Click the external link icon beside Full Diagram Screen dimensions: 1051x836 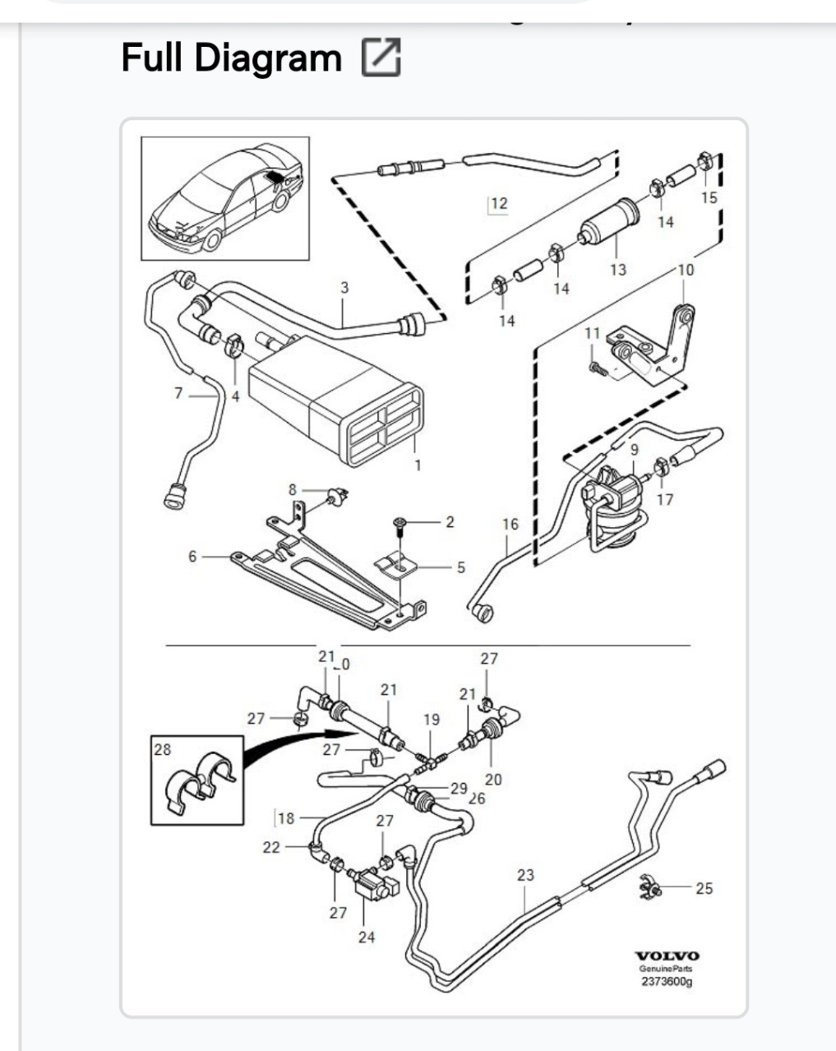[x=381, y=58]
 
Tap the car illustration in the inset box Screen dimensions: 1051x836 [x=226, y=198]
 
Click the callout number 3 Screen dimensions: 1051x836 [x=344, y=288]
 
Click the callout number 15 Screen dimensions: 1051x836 [x=709, y=197]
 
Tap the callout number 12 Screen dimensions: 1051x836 [x=499, y=203]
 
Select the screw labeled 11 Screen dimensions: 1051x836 [x=597, y=368]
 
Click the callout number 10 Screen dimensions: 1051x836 [x=686, y=270]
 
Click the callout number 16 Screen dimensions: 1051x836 [x=510, y=524]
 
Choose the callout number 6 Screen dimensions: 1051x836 [x=192, y=557]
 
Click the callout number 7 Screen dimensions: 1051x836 [x=178, y=393]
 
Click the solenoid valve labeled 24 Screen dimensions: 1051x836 [x=372, y=888]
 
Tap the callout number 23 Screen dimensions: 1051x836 [x=525, y=875]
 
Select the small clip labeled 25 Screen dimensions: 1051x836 [x=649, y=887]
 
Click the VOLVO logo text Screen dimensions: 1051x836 [x=667, y=956]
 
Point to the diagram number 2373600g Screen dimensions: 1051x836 [x=667, y=980]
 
